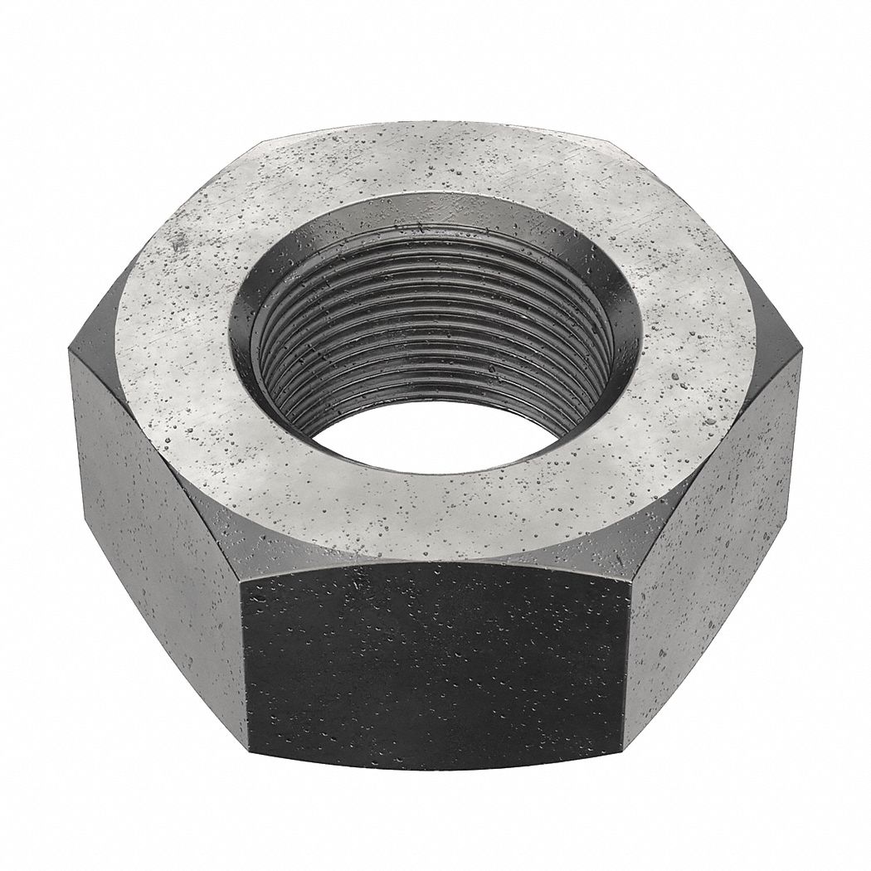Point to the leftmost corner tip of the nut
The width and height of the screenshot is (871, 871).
point(69,353)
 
